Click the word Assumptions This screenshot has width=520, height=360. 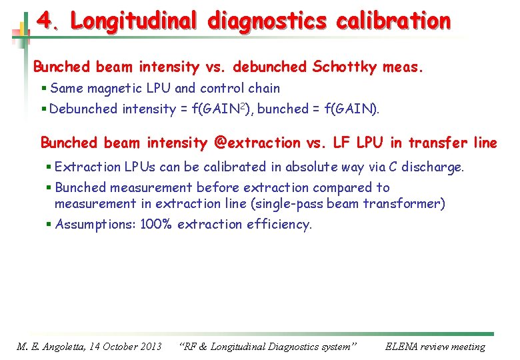coord(95,224)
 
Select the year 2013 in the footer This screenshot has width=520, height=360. coord(147,346)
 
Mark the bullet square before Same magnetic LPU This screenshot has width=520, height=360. coord(43,89)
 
